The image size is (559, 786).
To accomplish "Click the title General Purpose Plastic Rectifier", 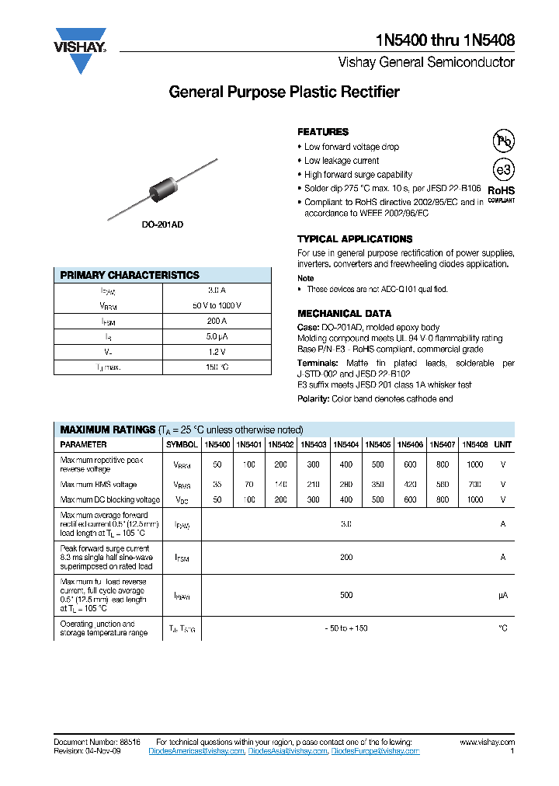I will click(x=284, y=92).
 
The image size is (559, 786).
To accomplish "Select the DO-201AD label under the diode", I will click(x=162, y=224).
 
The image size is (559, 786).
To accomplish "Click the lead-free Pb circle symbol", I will click(x=504, y=141).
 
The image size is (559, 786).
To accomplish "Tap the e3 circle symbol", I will click(x=504, y=169).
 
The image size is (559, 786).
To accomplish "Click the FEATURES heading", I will click(x=323, y=132).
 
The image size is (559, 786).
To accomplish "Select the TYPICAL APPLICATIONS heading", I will click(x=355, y=239).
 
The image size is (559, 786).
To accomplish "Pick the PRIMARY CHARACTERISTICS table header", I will click(x=130, y=275).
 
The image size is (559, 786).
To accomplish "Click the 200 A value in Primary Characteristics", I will click(x=217, y=321).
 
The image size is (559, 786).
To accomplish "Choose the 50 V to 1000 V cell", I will click(x=217, y=305).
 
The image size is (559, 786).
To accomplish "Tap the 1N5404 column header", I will click(x=345, y=445).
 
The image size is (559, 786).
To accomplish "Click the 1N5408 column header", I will click(x=474, y=445).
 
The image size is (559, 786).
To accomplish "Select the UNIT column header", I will click(x=503, y=445).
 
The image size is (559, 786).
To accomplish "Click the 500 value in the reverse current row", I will click(x=346, y=596).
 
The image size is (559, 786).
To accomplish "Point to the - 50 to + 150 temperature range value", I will click(x=346, y=628).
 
